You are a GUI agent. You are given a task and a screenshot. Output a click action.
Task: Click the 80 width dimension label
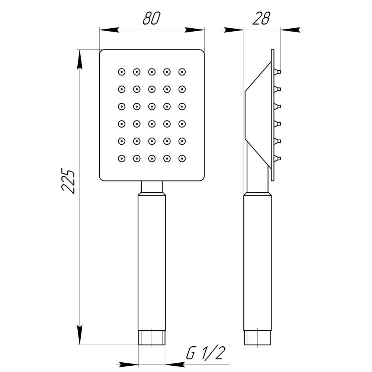[151, 18]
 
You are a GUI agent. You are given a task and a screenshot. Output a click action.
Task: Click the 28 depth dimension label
[261, 18]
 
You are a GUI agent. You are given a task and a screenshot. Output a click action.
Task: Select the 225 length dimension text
[68, 182]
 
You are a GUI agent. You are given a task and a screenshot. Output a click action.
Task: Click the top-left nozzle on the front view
[121, 71]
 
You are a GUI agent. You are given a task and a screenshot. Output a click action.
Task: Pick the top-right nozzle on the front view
[182, 71]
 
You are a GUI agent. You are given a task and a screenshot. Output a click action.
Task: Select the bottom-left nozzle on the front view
[121, 159]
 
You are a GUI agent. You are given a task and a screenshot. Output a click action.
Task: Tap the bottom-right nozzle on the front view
[182, 159]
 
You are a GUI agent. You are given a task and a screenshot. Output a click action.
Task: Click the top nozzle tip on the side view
[278, 71]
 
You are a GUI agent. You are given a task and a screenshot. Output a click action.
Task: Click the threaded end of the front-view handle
[152, 337]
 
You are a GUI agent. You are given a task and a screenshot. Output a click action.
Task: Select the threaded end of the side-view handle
[257, 337]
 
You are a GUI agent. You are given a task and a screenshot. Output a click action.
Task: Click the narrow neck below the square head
[152, 186]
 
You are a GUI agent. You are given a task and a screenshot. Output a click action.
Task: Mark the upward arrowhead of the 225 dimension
[79, 60]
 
